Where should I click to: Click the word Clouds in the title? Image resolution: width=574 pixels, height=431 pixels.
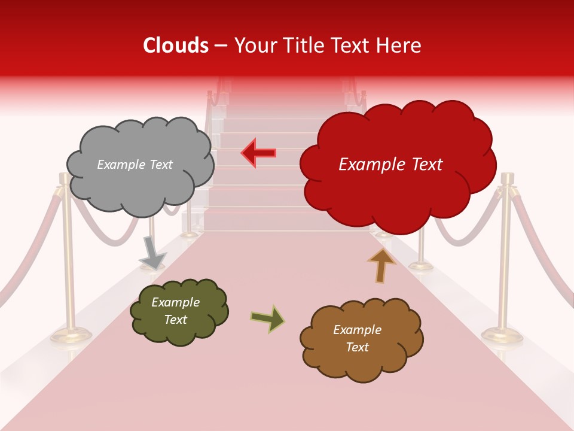click(176, 45)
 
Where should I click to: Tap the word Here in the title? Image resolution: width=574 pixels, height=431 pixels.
click(400, 45)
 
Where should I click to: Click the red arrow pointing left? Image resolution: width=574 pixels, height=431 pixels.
click(259, 153)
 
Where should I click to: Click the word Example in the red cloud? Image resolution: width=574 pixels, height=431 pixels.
click(367, 165)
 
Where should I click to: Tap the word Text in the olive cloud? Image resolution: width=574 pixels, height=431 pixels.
click(175, 320)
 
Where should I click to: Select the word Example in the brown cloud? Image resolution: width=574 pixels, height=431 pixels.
click(357, 330)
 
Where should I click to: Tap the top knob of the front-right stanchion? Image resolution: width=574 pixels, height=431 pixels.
click(508, 178)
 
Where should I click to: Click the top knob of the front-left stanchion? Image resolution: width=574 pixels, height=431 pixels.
click(63, 178)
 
